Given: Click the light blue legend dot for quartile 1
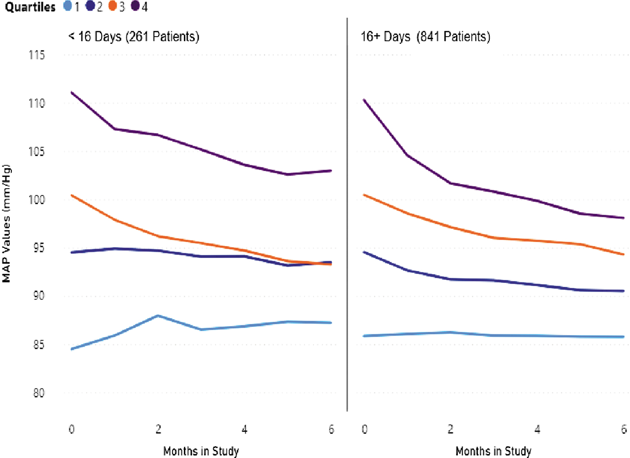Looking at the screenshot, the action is pyautogui.click(x=68, y=6).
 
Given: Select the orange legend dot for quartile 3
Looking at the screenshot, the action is pyautogui.click(x=113, y=6).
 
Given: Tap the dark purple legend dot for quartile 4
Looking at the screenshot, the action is pyautogui.click(x=135, y=6).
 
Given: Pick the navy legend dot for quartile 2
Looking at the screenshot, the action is pyautogui.click(x=90, y=6).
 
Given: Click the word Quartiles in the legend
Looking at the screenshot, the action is pyautogui.click(x=30, y=7).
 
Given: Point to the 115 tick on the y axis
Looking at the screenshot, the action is pyautogui.click(x=37, y=55).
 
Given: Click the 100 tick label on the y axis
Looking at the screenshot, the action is pyautogui.click(x=37, y=200).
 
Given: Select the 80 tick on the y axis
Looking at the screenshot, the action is pyautogui.click(x=39, y=393).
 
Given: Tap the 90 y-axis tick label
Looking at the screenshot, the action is pyautogui.click(x=39, y=296).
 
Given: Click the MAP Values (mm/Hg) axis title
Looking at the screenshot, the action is pyautogui.click(x=6, y=224).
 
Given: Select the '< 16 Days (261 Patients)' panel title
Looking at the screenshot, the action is pyautogui.click(x=134, y=37).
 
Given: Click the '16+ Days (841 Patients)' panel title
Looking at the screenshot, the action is pyautogui.click(x=425, y=37).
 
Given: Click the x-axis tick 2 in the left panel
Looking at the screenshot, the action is pyautogui.click(x=158, y=429).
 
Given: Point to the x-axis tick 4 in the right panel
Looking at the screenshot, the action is pyautogui.click(x=537, y=429).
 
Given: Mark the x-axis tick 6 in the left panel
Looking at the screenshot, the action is pyautogui.click(x=331, y=429).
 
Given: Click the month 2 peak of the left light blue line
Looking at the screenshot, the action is pyautogui.click(x=158, y=316).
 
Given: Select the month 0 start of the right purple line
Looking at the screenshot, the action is pyautogui.click(x=365, y=100).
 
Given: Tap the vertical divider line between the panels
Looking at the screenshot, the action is pyautogui.click(x=347, y=215).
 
